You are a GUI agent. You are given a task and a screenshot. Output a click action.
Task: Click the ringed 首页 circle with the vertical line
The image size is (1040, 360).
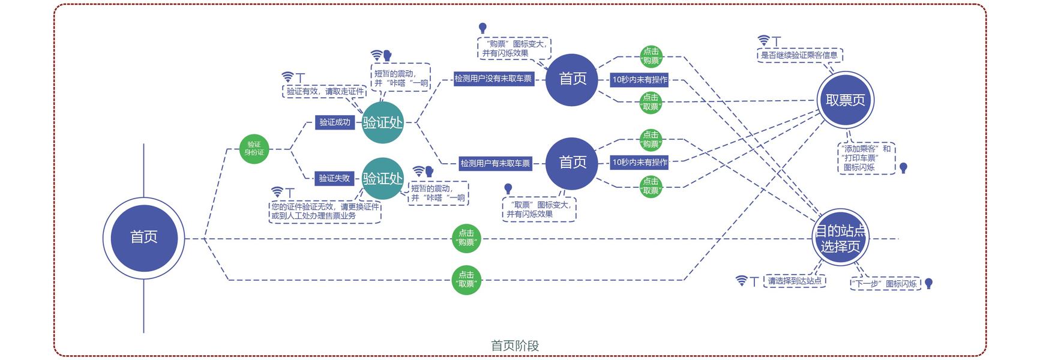pos(144,237)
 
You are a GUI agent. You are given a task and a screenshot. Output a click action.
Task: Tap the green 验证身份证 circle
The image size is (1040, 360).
pos(254,148)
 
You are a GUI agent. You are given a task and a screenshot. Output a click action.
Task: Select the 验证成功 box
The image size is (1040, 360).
pos(334,122)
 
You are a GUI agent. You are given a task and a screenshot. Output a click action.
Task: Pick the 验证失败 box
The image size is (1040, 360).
pos(334,178)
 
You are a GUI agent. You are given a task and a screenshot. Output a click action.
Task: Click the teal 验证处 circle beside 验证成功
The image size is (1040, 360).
pos(382,122)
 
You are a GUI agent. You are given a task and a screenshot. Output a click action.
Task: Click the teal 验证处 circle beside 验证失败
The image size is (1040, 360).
pos(382,178)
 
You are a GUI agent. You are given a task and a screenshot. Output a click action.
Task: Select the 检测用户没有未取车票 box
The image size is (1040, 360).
pos(493,79)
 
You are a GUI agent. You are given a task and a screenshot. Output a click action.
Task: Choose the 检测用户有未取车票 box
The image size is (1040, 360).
pos(495,163)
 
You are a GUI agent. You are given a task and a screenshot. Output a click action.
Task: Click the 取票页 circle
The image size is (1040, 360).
pos(845,100)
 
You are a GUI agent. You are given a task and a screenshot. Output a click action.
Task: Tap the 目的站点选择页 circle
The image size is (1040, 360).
pos(840,238)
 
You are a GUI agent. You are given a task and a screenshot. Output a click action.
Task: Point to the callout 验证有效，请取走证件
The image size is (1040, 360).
pos(325,91)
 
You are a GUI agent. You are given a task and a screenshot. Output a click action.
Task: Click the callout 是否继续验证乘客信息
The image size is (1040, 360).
pos(799,55)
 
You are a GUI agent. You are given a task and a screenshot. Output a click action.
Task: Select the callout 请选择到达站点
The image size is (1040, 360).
pos(795,281)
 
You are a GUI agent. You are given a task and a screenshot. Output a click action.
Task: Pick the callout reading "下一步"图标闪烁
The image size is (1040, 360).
pos(884,284)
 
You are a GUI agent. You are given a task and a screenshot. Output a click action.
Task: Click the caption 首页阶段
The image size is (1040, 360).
pos(515,346)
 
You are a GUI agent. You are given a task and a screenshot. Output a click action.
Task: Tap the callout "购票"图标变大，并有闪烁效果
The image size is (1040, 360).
pos(514,49)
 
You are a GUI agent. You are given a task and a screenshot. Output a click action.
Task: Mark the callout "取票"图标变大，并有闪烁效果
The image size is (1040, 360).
pos(538,209)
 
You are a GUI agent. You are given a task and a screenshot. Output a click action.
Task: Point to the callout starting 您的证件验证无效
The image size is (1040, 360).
pos(325,211)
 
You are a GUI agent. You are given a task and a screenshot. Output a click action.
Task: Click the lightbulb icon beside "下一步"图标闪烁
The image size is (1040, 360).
pos(928,283)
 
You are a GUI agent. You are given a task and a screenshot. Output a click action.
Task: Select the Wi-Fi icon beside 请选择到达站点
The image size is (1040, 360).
pos(742,281)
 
